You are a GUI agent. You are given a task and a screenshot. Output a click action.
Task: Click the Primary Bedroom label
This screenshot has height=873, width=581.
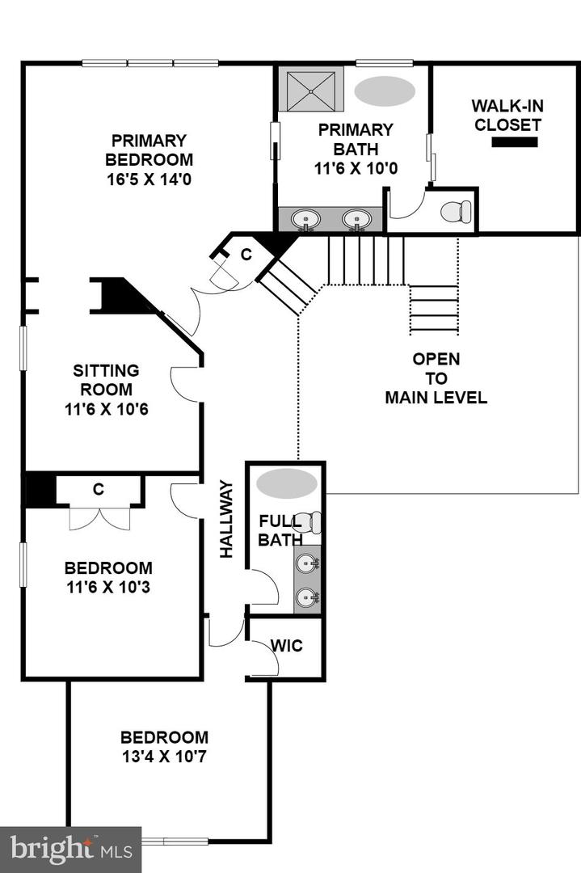[149, 150]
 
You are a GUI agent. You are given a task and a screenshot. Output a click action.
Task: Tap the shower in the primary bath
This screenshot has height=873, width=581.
[310, 88]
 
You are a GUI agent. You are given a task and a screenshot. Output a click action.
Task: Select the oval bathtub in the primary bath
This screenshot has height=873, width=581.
[385, 91]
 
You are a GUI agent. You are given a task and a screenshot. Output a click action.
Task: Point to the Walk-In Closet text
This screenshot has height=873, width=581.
[507, 115]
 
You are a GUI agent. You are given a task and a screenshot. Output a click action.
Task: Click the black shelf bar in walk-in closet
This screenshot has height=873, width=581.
[515, 142]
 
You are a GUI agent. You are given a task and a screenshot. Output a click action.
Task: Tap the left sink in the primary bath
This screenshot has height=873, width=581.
[306, 219]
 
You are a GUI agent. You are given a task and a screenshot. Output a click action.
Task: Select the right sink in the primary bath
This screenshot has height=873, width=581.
[356, 219]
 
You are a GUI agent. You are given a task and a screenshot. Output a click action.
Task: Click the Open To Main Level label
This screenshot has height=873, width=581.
[436, 378]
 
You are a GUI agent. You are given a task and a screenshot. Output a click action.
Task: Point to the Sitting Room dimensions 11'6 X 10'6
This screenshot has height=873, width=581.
[106, 409]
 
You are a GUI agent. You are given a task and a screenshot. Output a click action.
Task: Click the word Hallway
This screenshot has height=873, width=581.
[227, 519]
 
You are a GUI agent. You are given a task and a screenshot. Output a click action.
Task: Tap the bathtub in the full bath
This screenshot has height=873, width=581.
[286, 483]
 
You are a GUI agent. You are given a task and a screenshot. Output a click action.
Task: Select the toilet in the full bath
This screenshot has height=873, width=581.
[307, 523]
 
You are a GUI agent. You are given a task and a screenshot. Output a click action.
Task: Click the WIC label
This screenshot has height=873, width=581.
[286, 647]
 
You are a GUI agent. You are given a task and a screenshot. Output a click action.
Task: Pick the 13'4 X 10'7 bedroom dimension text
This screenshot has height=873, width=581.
[164, 757]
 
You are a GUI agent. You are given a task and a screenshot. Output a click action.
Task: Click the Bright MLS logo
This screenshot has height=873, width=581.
[70, 849]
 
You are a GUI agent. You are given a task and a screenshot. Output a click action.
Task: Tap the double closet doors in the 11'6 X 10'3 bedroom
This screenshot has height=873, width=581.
[99, 517]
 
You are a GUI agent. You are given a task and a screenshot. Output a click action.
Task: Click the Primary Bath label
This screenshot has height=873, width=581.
[356, 129]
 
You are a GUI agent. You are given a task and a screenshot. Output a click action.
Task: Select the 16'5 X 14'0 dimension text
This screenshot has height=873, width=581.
[149, 179]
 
